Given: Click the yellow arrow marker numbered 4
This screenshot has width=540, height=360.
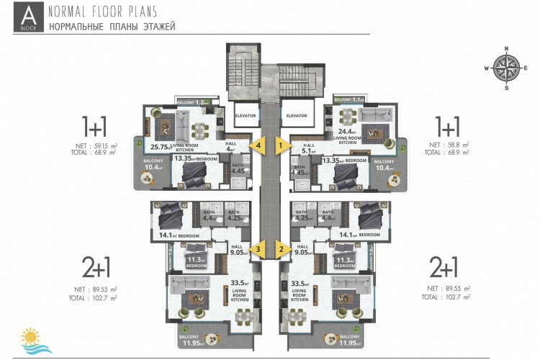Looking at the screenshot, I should [258, 144].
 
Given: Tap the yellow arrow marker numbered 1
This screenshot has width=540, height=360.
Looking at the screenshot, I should [282, 144].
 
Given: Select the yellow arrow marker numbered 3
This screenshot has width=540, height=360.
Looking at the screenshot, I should [258, 249].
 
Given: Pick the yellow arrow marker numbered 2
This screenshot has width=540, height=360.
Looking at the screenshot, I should [282, 249].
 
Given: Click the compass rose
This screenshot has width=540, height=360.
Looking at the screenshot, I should [506, 68].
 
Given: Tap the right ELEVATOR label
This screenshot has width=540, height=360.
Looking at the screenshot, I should [296, 115].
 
